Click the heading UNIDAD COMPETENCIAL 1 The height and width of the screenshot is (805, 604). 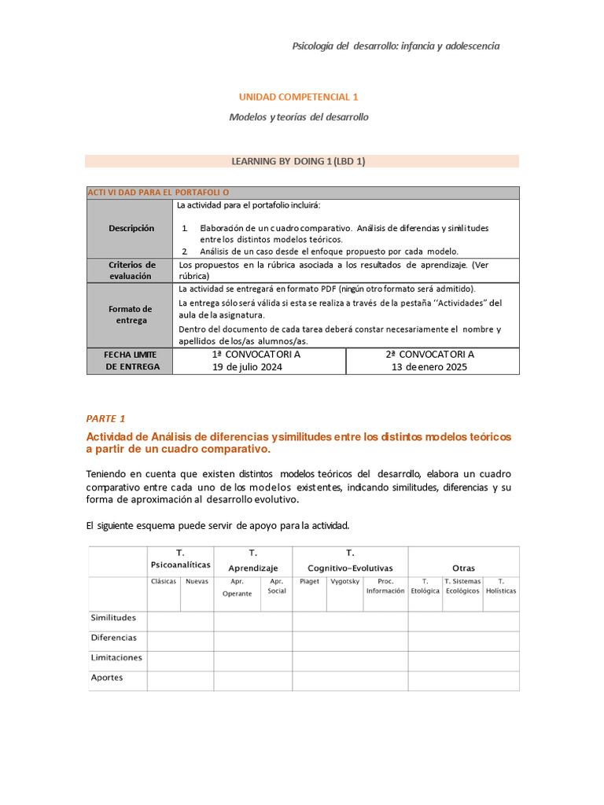click(298, 97)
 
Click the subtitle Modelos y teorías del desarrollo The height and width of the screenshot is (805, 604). click(298, 117)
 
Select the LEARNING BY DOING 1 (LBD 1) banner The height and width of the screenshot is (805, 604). click(298, 161)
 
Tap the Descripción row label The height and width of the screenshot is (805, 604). click(131, 228)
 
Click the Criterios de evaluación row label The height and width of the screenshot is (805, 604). click(131, 270)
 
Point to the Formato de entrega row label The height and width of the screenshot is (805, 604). click(131, 314)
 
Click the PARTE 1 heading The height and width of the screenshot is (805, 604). click(105, 418)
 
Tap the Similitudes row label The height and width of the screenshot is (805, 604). click(113, 618)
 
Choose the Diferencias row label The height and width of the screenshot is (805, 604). click(113, 638)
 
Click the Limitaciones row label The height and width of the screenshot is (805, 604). click(116, 657)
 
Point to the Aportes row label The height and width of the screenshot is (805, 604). click(107, 677)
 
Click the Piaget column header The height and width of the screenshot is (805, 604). click(309, 582)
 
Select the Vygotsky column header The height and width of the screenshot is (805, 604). click(344, 582)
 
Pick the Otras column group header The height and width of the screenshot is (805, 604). click(463, 568)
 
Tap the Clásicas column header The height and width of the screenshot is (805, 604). click(164, 582)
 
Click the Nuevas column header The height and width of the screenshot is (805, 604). click(197, 582)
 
